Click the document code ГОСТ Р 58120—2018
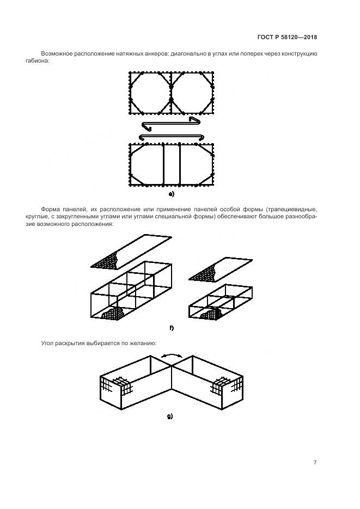pyautogui.click(x=287, y=37)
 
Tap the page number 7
pyautogui.click(x=315, y=462)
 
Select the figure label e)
pyautogui.click(x=172, y=194)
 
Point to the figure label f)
pyautogui.click(x=172, y=328)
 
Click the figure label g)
pyautogui.click(x=170, y=416)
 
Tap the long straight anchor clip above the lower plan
pyautogui.click(x=172, y=137)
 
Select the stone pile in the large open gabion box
pyautogui.click(x=113, y=313)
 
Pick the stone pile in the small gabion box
pyautogui.click(x=211, y=314)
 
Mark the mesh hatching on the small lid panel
pyautogui.click(x=203, y=273)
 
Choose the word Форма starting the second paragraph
pyautogui.click(x=50, y=209)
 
